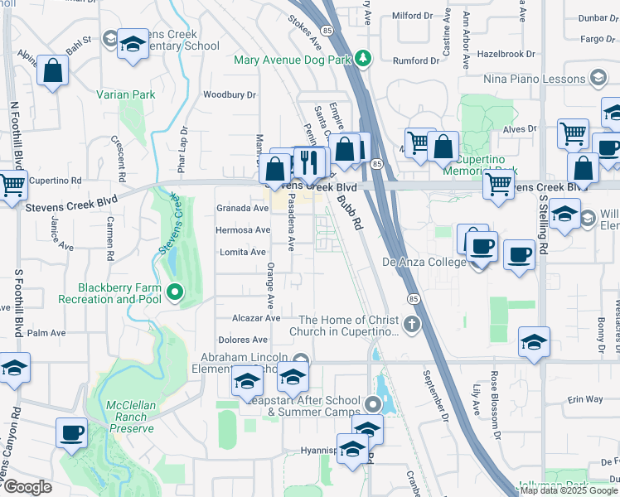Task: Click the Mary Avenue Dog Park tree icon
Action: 363,58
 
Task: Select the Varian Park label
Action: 126,95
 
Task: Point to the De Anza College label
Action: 423,262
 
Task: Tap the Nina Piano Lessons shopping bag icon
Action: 597,79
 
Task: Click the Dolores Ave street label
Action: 243,340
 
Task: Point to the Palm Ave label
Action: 46,333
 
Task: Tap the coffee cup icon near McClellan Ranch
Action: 71,432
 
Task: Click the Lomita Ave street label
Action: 243,252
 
